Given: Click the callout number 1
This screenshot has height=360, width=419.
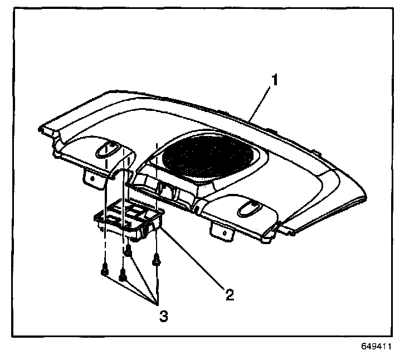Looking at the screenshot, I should tap(274, 79).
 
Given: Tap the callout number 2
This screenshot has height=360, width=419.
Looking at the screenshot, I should tap(229, 294).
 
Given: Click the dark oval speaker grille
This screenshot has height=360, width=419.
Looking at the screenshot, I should tap(210, 159).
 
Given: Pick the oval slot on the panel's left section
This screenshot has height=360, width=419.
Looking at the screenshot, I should tap(109, 149).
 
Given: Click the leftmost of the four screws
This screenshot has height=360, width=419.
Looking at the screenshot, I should tap(104, 271).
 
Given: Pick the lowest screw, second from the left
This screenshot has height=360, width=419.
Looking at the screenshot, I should tap(124, 276).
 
